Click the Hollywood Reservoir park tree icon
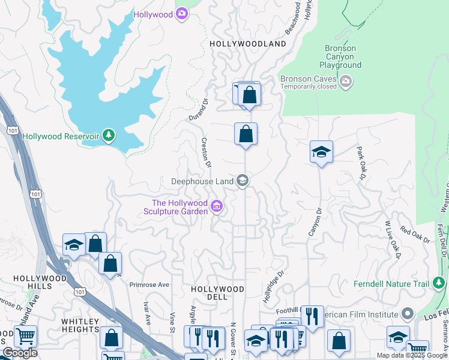pos(109,136)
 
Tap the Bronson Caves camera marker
pos(345,81)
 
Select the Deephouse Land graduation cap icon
pos(243,180)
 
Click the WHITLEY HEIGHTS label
pos(80,325)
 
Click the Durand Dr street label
pos(198,108)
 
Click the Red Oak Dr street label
pos(415,235)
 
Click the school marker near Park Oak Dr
pos(321,152)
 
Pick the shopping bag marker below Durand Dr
pos(246,134)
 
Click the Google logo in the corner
pos(20,353)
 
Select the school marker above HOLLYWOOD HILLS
pos(74,245)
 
